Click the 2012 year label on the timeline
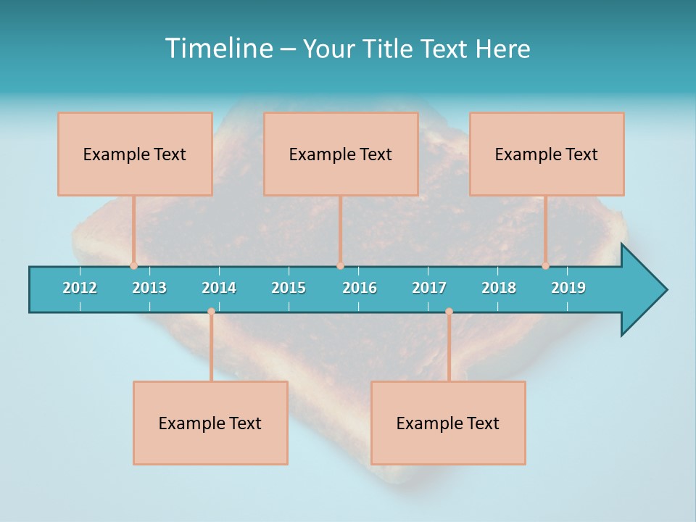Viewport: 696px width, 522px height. pyautogui.click(x=80, y=288)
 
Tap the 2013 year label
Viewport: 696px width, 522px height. pyautogui.click(x=149, y=288)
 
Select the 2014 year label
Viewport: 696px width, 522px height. pyautogui.click(x=219, y=288)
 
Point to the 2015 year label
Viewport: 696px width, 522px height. pyautogui.click(x=289, y=288)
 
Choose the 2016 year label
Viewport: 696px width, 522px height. pyautogui.click(x=360, y=288)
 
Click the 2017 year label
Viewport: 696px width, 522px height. pyautogui.click(x=429, y=288)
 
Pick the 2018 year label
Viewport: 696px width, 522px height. pyautogui.click(x=499, y=288)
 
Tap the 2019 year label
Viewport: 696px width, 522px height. pyautogui.click(x=568, y=288)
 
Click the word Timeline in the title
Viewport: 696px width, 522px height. pyautogui.click(x=218, y=49)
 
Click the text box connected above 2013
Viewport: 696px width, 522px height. pyautogui.click(x=135, y=154)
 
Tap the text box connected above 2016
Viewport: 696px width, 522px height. pyautogui.click(x=341, y=154)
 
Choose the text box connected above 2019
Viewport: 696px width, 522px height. pyautogui.click(x=547, y=154)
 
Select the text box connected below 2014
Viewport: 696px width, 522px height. pyautogui.click(x=210, y=423)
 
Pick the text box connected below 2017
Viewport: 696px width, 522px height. pyautogui.click(x=448, y=423)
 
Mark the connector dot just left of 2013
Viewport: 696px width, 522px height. pyautogui.click(x=133, y=265)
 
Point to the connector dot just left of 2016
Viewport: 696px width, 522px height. pyautogui.click(x=340, y=265)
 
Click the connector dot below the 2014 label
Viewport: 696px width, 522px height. pyautogui.click(x=211, y=312)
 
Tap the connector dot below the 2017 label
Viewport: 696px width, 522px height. pyautogui.click(x=449, y=312)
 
